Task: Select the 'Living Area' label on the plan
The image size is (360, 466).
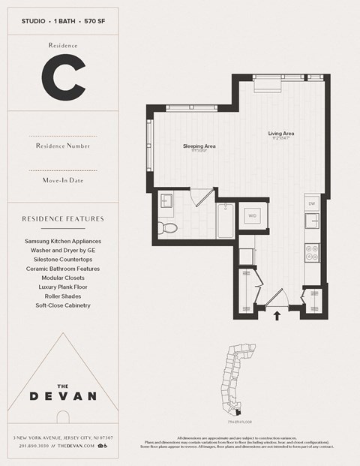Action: pyautogui.click(x=281, y=134)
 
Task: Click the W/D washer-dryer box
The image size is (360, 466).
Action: pyautogui.click(x=251, y=216)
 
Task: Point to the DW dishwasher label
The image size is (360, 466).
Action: pyautogui.click(x=312, y=203)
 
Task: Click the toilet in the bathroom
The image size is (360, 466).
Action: pyautogui.click(x=168, y=227)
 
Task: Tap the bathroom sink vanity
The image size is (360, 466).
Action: pyautogui.click(x=166, y=200)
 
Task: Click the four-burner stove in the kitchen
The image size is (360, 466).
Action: pyautogui.click(x=312, y=252)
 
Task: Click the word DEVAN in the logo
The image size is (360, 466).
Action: pyautogui.click(x=62, y=395)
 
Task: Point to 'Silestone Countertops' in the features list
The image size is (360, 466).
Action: pyautogui.click(x=62, y=260)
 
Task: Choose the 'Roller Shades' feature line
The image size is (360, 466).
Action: pyautogui.click(x=62, y=296)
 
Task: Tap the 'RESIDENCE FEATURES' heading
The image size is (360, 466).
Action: pyautogui.click(x=62, y=219)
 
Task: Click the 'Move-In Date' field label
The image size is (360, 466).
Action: pyautogui.click(x=62, y=181)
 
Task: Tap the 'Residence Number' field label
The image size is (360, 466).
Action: pyautogui.click(x=62, y=146)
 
